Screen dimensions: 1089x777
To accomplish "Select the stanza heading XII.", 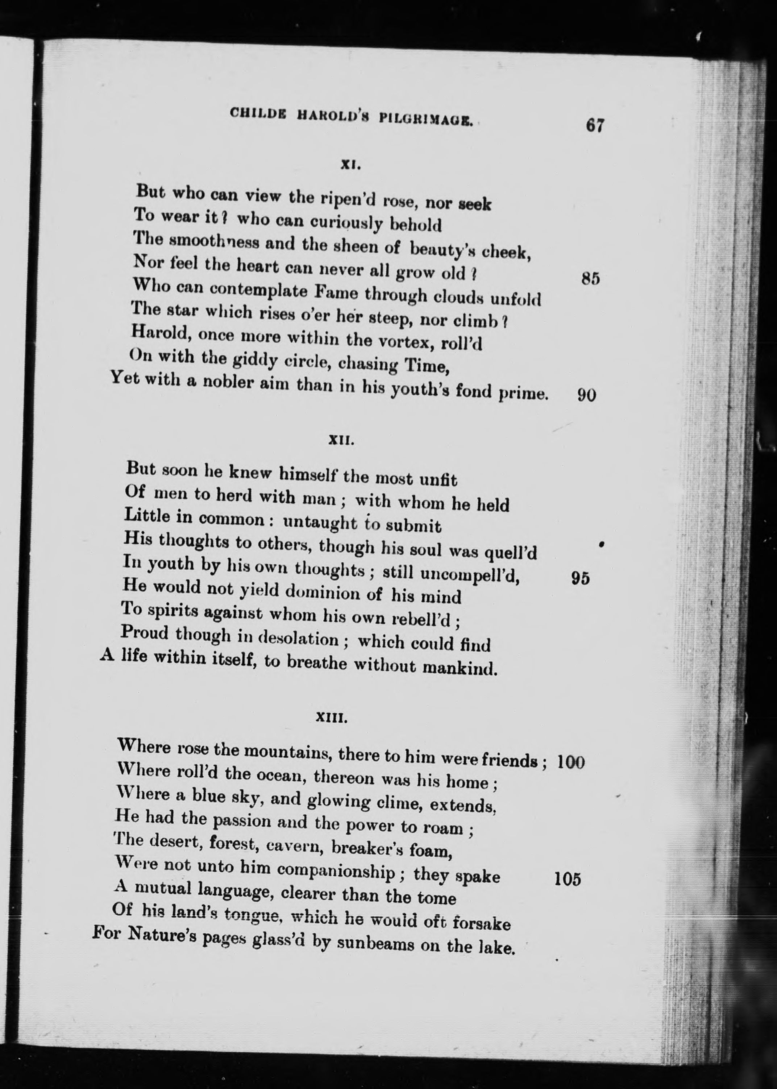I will click(341, 441).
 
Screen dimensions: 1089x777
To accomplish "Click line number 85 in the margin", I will click(590, 278).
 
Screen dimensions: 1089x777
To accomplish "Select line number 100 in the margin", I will click(571, 762).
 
